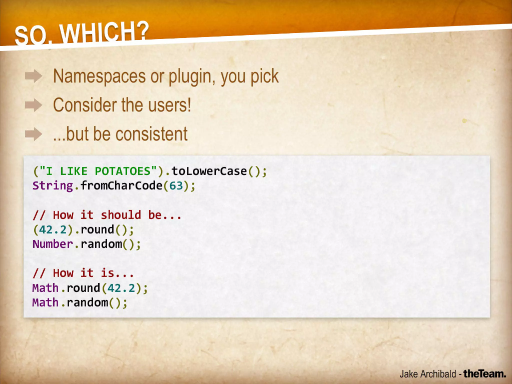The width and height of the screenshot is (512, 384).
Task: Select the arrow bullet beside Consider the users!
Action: (33, 105)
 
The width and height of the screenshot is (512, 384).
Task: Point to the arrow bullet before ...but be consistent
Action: (33, 134)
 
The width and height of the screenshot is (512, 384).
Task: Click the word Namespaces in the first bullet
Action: (99, 76)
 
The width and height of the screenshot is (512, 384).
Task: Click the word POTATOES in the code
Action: (122, 171)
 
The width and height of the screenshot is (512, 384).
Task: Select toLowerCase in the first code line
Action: (209, 171)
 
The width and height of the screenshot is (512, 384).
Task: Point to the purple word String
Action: (53, 186)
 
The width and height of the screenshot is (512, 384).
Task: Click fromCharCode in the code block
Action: (121, 186)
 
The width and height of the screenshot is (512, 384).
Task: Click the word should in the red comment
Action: (121, 215)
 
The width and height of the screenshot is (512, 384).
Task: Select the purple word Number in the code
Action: (53, 244)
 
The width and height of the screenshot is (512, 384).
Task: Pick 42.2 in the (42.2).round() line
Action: (53, 230)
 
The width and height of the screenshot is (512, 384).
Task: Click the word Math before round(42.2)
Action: (45, 288)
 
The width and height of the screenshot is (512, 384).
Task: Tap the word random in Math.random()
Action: (87, 303)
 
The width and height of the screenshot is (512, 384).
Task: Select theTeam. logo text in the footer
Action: (484, 374)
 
